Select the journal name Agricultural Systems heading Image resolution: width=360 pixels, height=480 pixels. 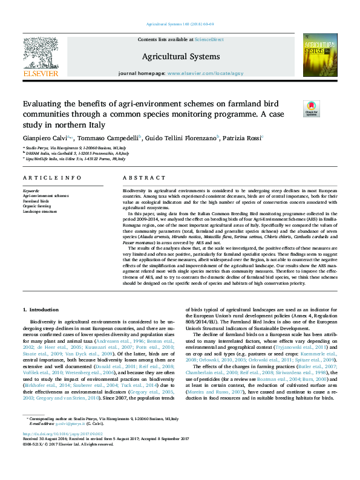(x=180, y=57)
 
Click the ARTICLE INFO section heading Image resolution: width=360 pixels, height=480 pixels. (x=52, y=178)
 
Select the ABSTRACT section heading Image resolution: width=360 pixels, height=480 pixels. (x=144, y=178)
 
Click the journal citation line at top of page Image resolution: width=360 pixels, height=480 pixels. (x=180, y=25)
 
